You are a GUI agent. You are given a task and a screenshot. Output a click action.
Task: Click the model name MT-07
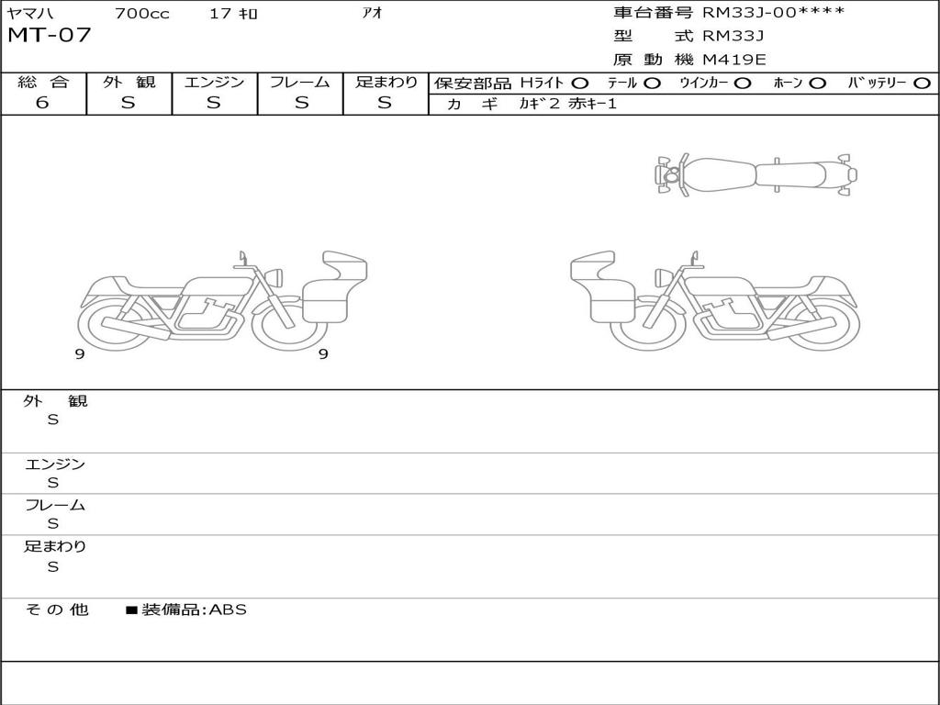49,35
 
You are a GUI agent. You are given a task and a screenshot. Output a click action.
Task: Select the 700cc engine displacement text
142,13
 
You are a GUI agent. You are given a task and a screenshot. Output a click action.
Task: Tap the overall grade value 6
42,103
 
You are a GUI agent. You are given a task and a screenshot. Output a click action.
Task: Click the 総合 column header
43,82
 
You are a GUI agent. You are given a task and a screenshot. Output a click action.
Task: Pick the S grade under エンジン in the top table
213,103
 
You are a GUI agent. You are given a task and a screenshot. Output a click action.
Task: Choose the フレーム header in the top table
299,82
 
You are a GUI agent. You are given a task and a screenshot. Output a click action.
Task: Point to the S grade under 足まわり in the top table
385,103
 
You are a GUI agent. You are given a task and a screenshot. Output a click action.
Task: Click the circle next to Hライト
580,84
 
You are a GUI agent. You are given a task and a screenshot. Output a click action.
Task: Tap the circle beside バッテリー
922,84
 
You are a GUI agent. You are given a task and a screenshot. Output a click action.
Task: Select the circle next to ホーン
817,84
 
